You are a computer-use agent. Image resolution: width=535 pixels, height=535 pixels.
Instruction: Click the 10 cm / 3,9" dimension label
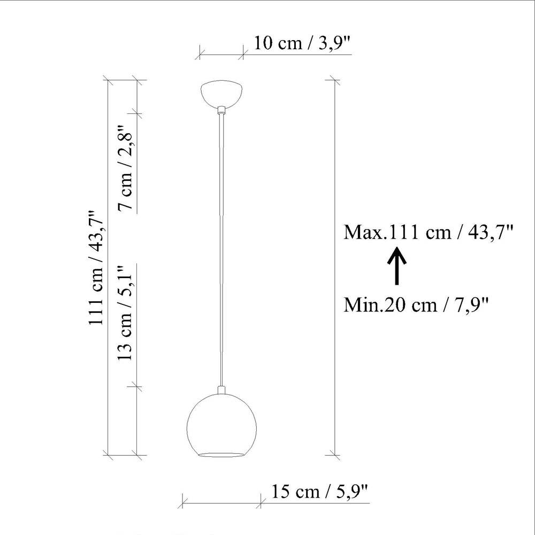pos(302,43)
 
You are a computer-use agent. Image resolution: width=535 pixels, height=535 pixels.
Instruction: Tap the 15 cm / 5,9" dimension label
pos(320,492)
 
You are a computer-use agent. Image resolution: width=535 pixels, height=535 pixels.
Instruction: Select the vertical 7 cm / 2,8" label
pos(125,167)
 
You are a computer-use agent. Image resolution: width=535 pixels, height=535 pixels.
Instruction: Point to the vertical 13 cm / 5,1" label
pos(125,313)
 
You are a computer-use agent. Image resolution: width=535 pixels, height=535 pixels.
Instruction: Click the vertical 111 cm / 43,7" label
pos(96,267)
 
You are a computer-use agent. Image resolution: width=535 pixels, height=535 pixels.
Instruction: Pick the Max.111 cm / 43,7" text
pos(429,232)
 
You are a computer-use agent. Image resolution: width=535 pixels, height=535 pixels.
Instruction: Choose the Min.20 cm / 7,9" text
pos(416,305)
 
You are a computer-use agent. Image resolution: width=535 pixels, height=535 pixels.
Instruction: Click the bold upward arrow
pos(397,265)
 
